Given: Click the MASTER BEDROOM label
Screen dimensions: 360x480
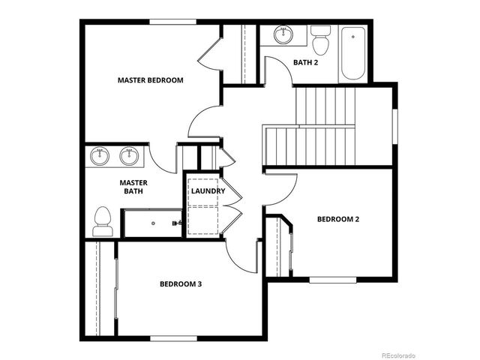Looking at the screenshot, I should [150, 79].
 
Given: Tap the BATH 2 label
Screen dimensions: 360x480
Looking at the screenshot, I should [304, 62].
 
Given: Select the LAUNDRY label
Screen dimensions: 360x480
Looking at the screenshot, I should [208, 191].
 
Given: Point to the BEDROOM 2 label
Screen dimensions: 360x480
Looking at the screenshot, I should [337, 219].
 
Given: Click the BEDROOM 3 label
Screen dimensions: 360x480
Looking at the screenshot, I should [181, 284].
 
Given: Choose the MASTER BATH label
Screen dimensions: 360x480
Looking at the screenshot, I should [133, 187].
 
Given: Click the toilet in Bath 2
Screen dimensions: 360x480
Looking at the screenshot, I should [321, 41].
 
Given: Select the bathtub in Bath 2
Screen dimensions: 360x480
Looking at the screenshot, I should [352, 54].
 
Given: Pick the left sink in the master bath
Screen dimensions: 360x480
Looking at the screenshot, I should [100, 157].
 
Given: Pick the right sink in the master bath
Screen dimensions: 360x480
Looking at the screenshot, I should [129, 157].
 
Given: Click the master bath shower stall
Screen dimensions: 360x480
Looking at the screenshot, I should [153, 223].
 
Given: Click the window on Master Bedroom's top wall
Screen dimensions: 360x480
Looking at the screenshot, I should [172, 22].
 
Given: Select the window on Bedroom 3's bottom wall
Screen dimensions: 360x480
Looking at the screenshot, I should [174, 338].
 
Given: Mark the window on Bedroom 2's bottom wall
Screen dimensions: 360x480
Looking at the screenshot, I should [333, 280].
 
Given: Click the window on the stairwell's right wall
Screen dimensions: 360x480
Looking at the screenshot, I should [394, 124].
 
